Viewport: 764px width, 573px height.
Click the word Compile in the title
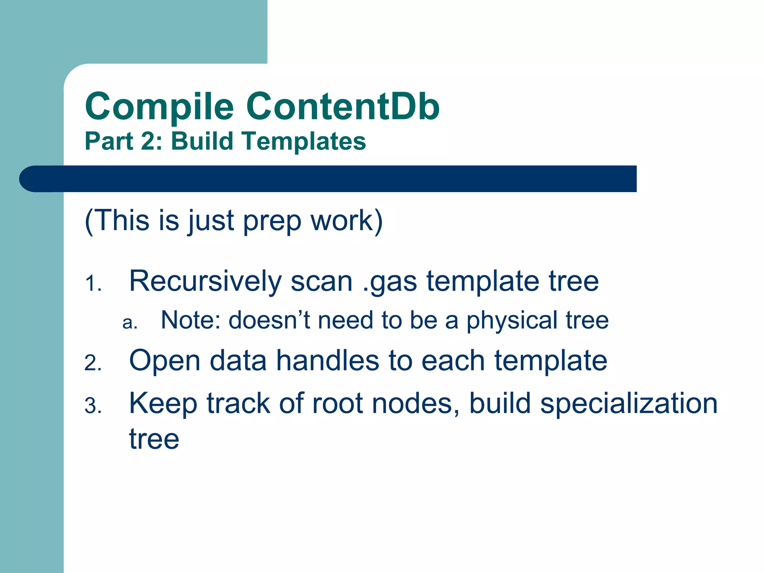point(159,107)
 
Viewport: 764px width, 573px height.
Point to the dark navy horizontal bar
point(336,179)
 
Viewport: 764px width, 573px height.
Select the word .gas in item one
point(389,282)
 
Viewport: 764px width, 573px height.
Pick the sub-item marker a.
point(129,323)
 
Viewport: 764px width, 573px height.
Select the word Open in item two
point(165,361)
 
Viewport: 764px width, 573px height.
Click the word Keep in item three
point(163,404)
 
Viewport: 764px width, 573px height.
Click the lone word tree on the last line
point(154,439)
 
